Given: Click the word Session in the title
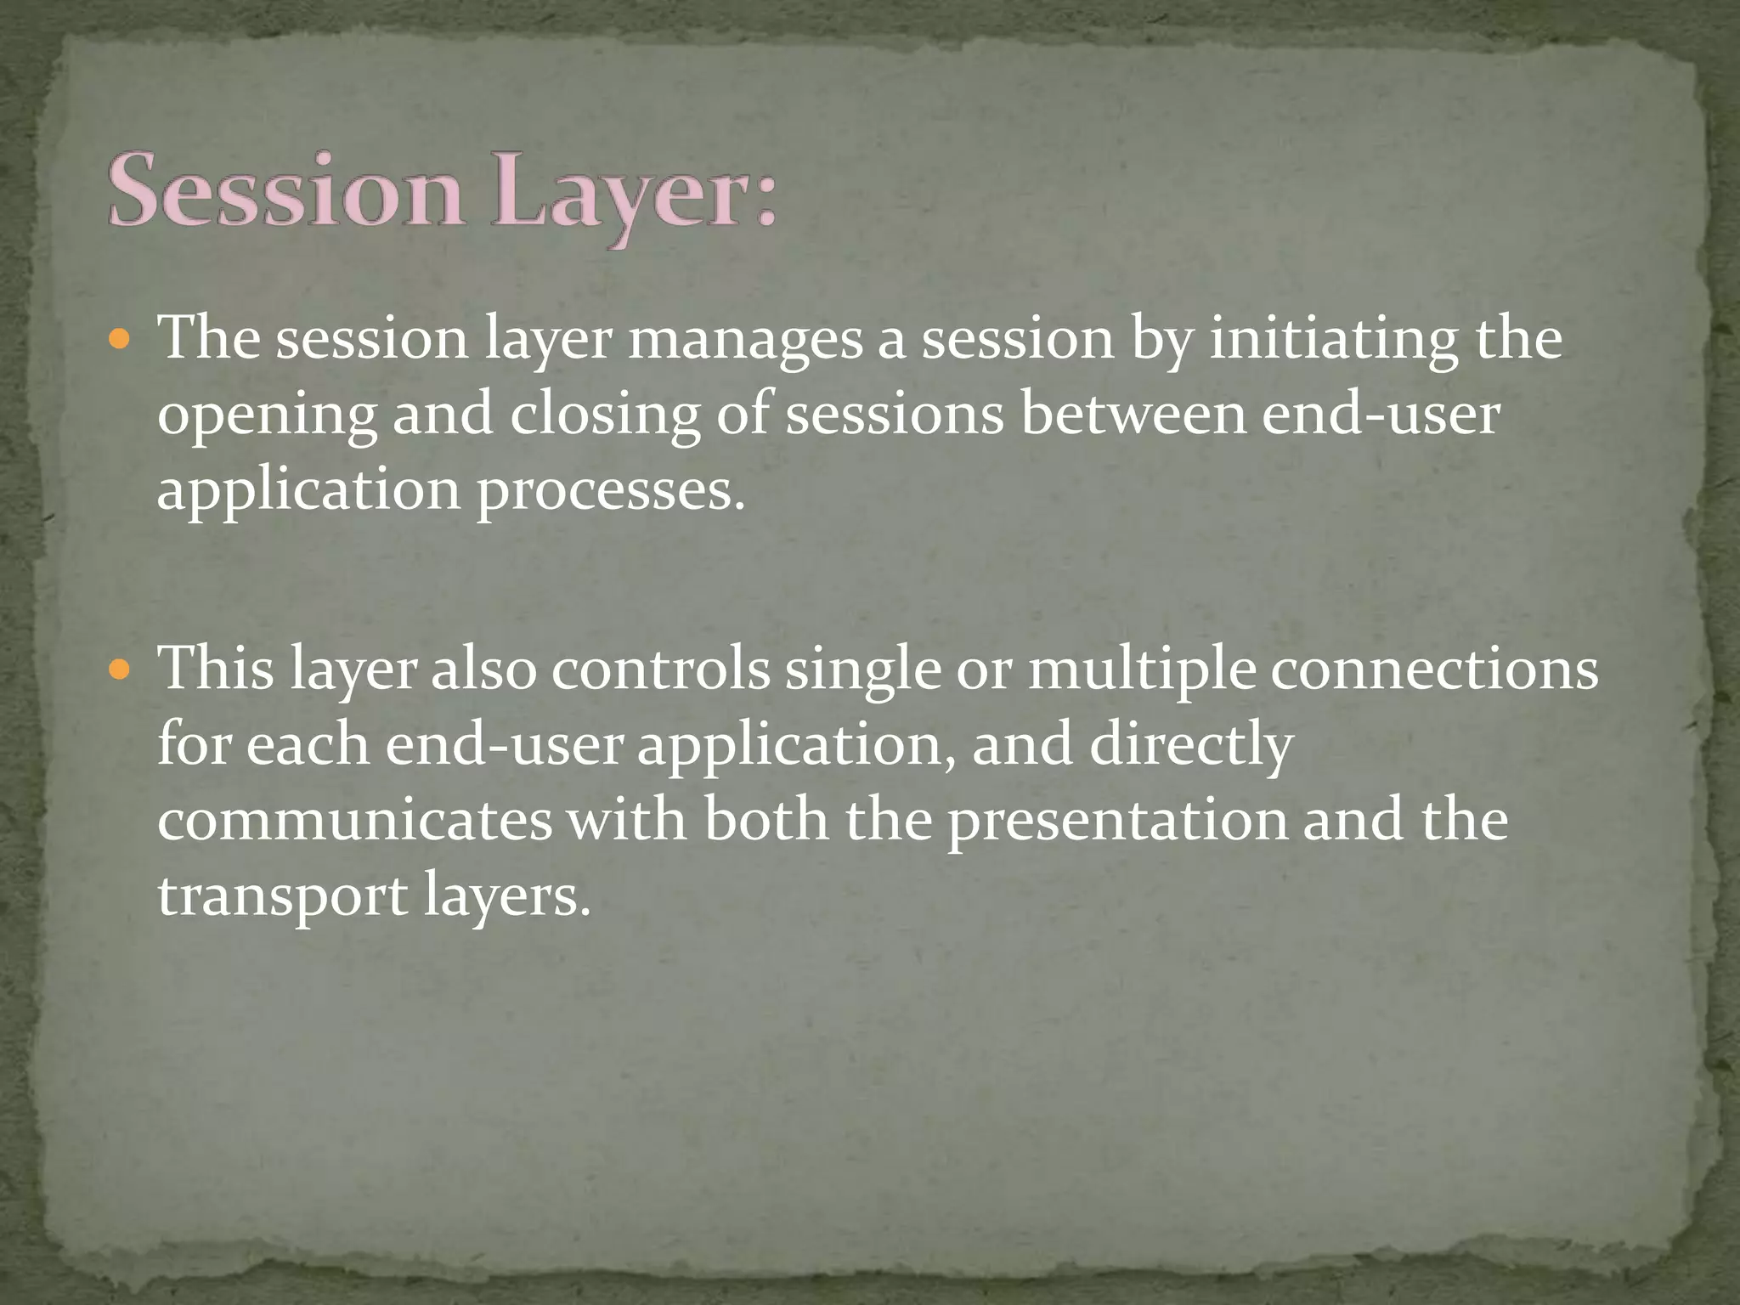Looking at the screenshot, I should pos(285,190).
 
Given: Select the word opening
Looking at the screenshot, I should pos(267,416).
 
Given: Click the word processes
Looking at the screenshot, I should pos(611,491).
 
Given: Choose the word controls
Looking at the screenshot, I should pos(660,669).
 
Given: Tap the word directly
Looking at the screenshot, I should pos(1190,746).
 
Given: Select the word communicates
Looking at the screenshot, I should pos(355,821).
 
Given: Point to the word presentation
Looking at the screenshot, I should pos(1118,822).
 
